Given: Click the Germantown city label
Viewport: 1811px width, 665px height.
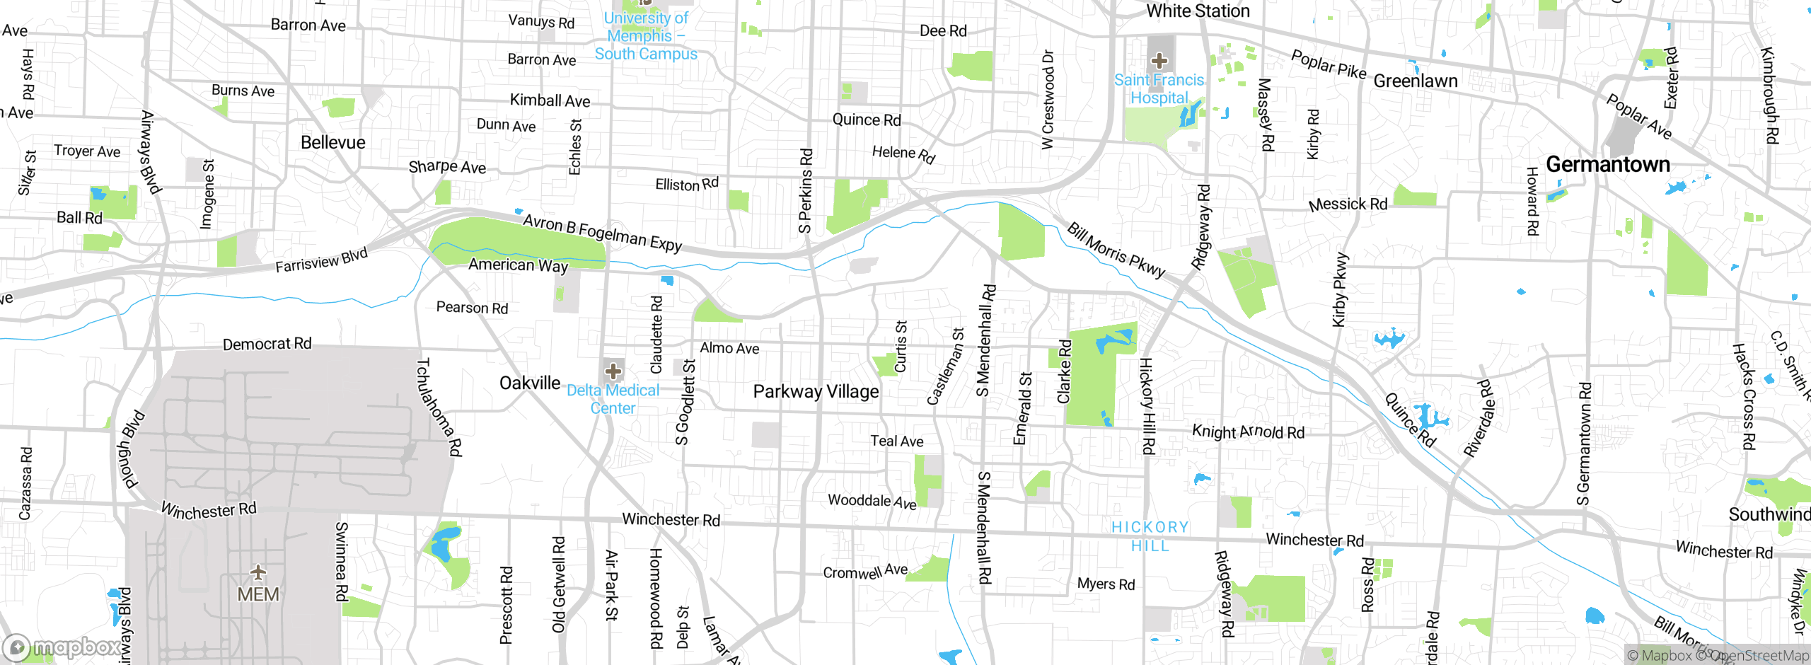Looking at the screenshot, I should point(1607,165).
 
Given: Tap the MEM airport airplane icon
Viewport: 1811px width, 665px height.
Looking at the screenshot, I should point(258,572).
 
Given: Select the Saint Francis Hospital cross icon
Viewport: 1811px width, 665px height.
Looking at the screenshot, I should point(1159,61).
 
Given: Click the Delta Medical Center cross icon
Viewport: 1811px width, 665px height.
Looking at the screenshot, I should point(613,371).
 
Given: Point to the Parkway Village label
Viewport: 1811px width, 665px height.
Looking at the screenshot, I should point(816,391).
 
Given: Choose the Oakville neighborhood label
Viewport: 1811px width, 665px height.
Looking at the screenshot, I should point(529,383).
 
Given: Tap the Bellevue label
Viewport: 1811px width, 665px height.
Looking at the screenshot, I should point(332,142).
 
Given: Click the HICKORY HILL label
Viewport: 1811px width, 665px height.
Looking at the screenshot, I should point(1150,536).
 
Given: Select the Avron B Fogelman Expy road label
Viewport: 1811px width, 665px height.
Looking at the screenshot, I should point(602,233).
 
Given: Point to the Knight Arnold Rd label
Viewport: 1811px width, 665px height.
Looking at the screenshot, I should point(1248,432).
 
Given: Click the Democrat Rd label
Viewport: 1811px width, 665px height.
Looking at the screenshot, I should point(267,344).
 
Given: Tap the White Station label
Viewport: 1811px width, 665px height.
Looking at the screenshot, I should point(1198,11).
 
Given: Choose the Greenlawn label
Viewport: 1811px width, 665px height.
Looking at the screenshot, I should point(1415,81).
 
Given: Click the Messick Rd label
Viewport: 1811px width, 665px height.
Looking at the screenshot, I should point(1348,204).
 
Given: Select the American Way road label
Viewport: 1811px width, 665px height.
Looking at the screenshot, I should point(518,265).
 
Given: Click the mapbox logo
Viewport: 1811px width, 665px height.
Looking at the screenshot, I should point(62,647).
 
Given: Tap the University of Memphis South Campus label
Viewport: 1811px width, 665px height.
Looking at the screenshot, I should point(645,35).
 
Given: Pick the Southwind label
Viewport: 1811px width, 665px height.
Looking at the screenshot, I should point(1769,514).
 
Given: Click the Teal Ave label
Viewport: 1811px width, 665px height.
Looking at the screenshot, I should point(896,441).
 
